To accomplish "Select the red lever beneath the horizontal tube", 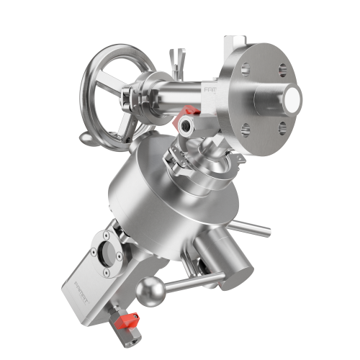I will click(x=190, y=111).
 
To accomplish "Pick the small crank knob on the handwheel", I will click(x=86, y=136).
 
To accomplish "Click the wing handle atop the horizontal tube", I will click(x=176, y=58).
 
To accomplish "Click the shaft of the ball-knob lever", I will click(x=187, y=282).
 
